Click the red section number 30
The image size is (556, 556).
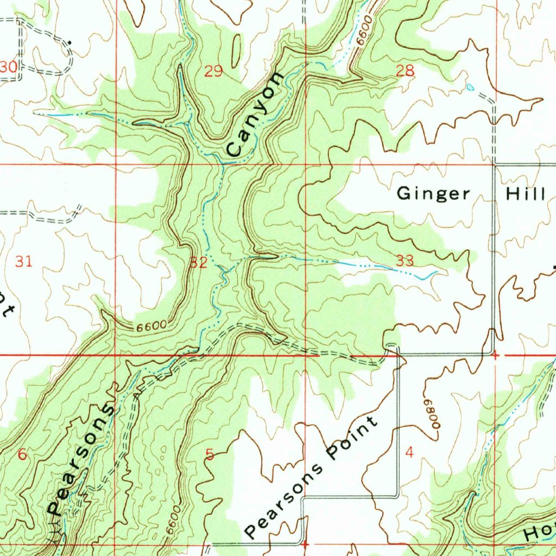[8, 67]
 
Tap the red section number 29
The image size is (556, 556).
[213, 71]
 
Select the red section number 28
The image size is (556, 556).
[405, 71]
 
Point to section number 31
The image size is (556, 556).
[23, 262]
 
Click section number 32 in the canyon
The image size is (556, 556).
[198, 263]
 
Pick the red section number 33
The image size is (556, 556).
[405, 261]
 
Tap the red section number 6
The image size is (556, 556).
[22, 454]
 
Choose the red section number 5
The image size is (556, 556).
[210, 454]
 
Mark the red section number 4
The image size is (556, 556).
[409, 452]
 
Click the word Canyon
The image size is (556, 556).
[255, 114]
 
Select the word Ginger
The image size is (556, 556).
[433, 193]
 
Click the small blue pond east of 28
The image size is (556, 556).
[470, 87]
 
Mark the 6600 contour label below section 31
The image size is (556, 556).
[151, 327]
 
